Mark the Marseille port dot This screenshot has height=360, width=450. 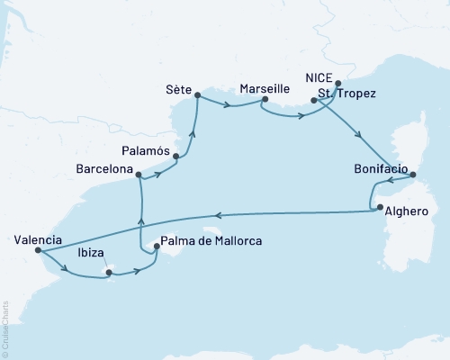262,101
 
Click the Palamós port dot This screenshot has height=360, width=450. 175,157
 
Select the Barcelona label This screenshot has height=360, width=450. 103,168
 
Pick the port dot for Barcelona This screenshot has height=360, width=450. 139,164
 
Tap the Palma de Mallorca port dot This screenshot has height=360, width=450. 157,253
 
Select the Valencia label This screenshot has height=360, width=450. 38,239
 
